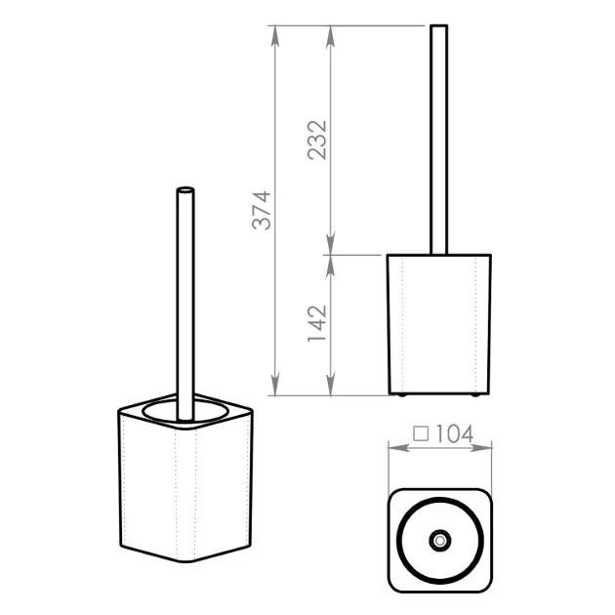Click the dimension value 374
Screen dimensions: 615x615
point(262,210)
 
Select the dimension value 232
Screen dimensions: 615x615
point(317,141)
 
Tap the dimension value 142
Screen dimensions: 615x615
point(317,323)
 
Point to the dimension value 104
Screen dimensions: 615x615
point(454,433)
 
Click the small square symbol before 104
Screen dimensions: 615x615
point(421,434)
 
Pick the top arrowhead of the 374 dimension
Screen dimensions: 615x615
point(275,36)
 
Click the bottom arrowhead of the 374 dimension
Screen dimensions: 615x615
point(275,386)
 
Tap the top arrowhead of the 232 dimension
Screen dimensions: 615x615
point(331,36)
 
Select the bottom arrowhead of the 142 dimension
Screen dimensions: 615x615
point(331,386)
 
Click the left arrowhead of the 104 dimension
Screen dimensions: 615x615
point(398,447)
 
